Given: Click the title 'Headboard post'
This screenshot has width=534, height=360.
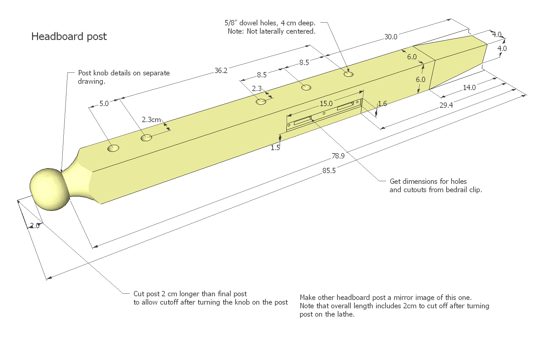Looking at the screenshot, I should click(x=69, y=36).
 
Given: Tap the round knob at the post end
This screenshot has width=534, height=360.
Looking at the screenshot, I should click(x=49, y=190).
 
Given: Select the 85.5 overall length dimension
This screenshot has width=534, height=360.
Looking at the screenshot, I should click(x=329, y=171).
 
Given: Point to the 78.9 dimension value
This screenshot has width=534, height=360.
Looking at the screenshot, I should click(x=338, y=156).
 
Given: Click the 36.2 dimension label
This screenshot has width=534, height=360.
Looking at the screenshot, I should click(x=221, y=71).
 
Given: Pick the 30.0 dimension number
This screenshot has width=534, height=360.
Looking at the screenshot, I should click(x=390, y=37).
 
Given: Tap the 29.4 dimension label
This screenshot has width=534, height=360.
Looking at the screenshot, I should click(x=446, y=105).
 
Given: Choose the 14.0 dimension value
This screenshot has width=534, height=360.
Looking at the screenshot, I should click(x=469, y=88).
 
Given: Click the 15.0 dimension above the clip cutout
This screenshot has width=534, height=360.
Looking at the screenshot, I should click(x=326, y=104).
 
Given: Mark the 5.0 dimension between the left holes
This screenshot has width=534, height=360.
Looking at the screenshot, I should click(x=104, y=104).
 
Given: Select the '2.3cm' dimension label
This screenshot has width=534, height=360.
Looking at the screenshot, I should click(x=151, y=119).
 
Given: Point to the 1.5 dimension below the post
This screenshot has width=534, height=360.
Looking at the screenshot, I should click(x=275, y=148).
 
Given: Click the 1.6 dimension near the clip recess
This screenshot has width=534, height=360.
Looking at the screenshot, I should click(x=382, y=104).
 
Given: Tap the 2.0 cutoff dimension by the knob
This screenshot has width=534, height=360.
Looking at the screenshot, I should click(x=34, y=226).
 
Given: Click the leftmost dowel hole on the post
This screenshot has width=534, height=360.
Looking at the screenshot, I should click(x=113, y=148).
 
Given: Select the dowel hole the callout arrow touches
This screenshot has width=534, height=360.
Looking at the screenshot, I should click(x=348, y=74).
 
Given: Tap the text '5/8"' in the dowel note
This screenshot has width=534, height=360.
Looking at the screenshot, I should click(x=231, y=23).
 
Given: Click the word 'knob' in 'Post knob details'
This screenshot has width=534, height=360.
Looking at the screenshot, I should click(x=101, y=73).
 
